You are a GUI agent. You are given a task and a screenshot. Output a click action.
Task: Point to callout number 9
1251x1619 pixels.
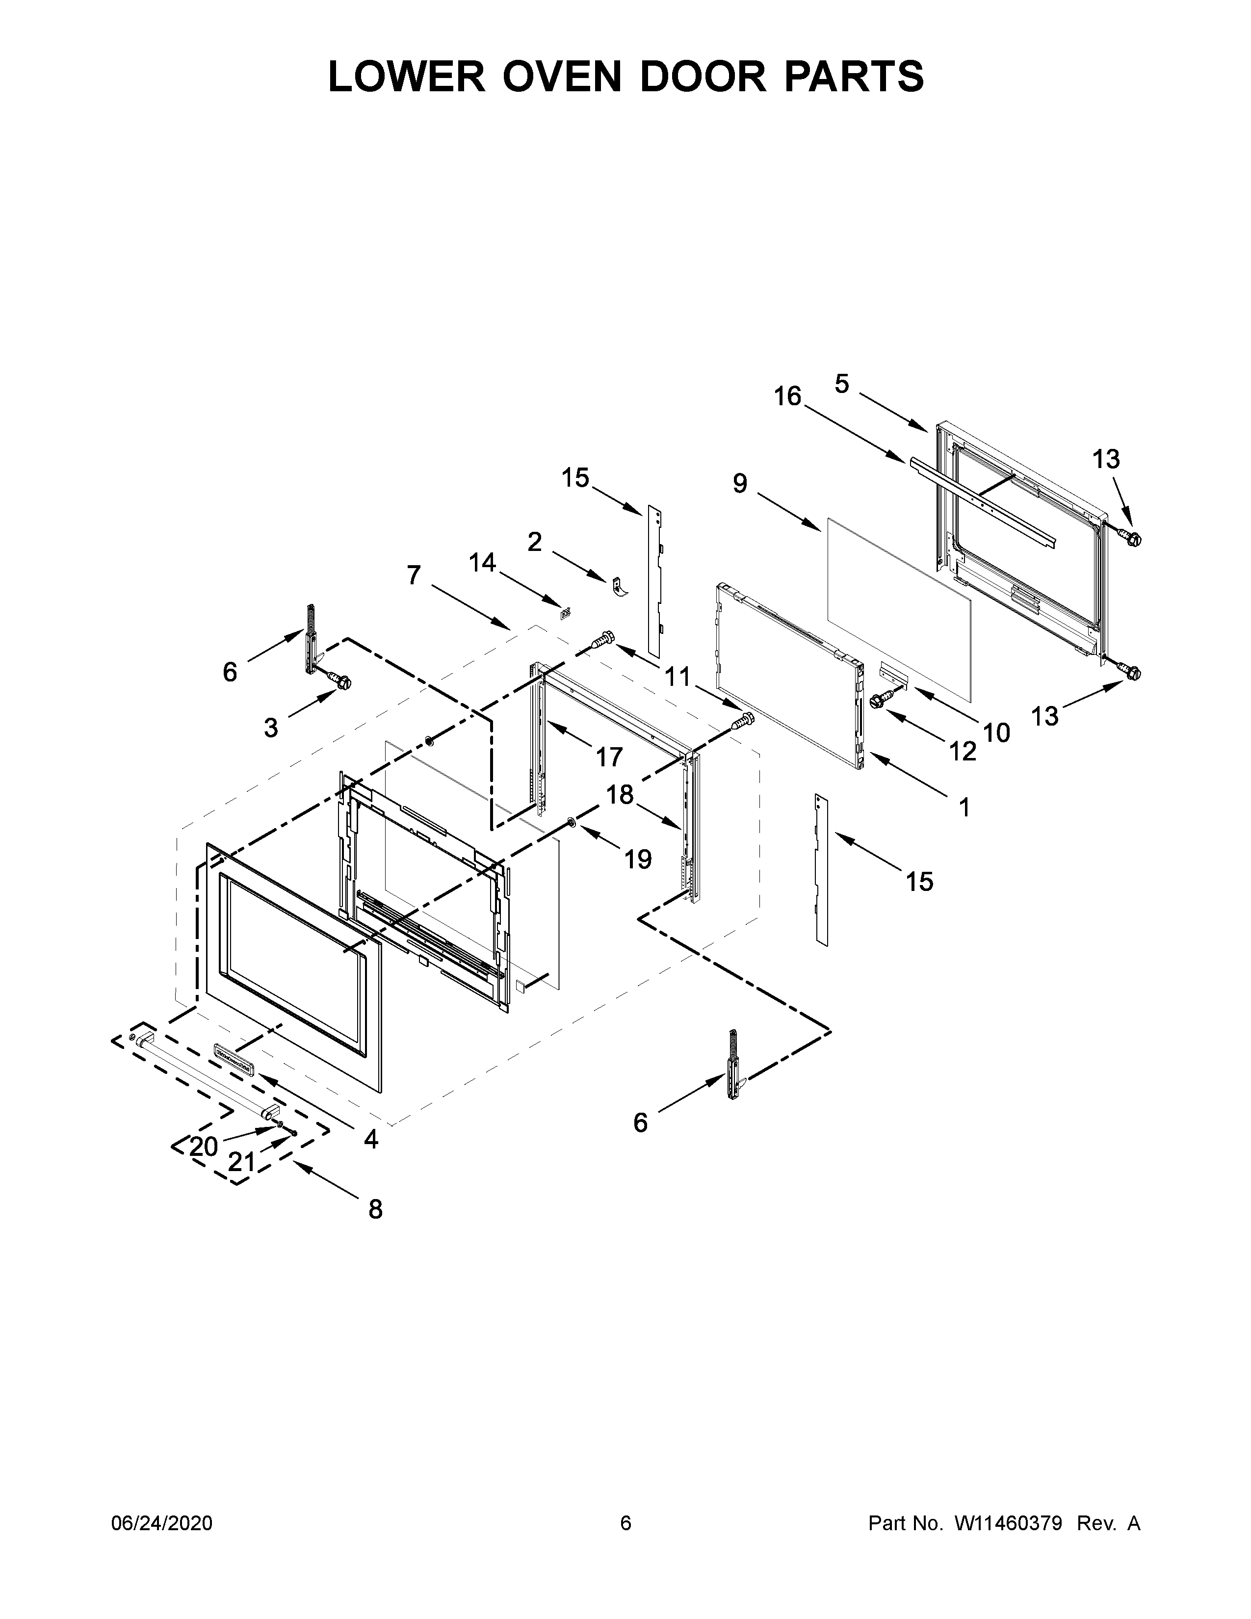coord(740,483)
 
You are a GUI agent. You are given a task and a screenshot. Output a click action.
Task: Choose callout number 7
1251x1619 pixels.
coord(414,574)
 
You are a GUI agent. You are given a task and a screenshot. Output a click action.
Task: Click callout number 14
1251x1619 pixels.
coord(482,563)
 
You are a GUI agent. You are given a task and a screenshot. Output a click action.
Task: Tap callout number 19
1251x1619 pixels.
coord(637,859)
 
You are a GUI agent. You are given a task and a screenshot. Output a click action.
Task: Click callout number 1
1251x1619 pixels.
coord(964,807)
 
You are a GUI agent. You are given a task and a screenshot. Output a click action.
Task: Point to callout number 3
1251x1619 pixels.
coord(271,728)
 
